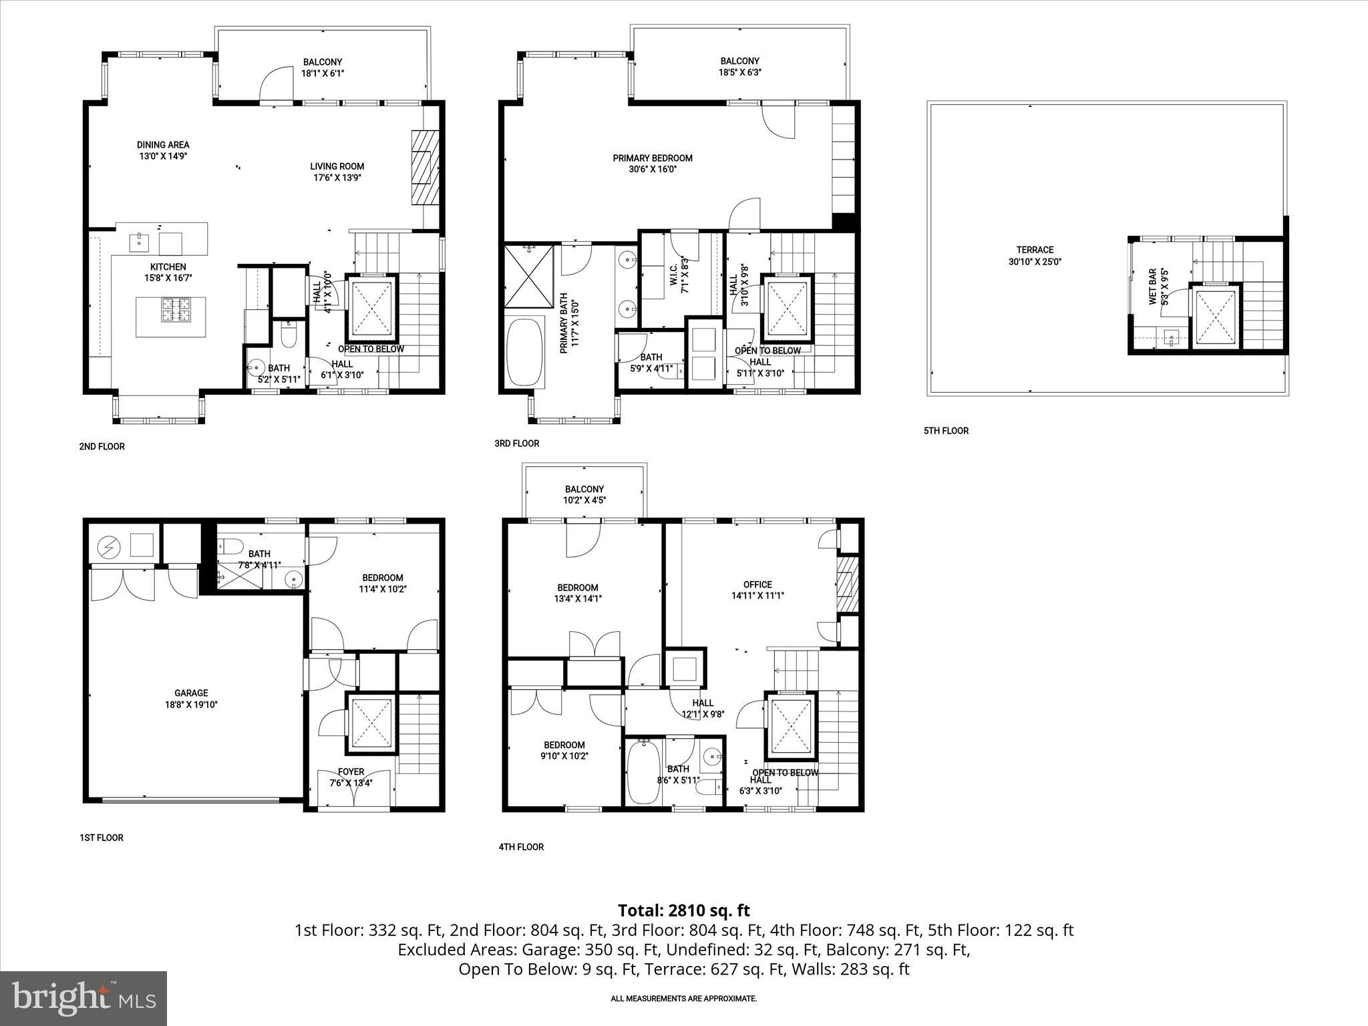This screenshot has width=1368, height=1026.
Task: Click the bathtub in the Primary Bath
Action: pyautogui.click(x=526, y=353)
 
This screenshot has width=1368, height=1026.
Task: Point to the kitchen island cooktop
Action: pyautogui.click(x=175, y=311)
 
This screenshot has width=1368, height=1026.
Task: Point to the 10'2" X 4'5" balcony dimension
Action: pyautogui.click(x=584, y=500)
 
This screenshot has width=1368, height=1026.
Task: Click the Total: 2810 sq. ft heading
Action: pyautogui.click(x=683, y=910)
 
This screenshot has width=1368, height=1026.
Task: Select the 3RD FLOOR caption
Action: pyautogui.click(x=516, y=443)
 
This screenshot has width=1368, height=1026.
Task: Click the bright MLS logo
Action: pyautogui.click(x=83, y=998)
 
